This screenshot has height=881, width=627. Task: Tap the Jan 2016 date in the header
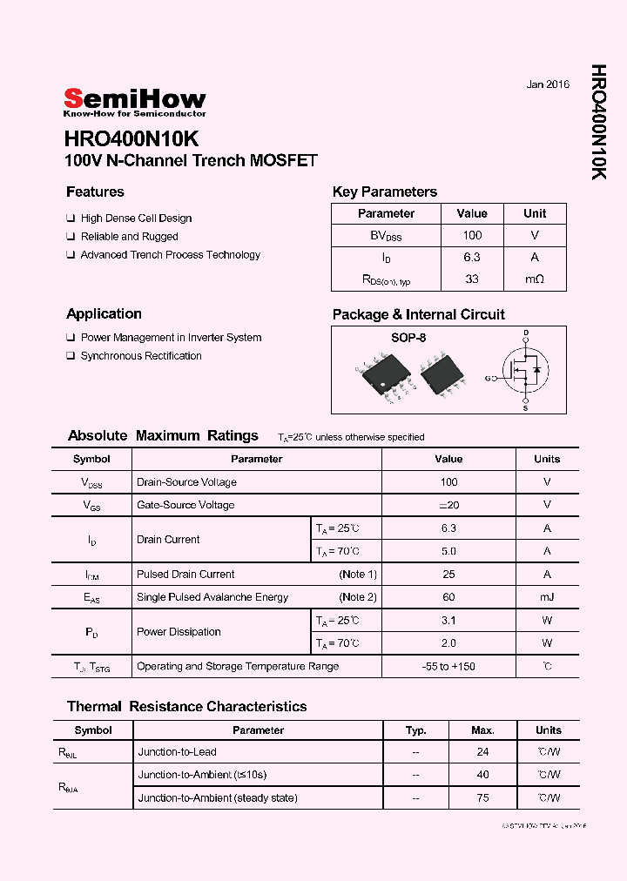[x=548, y=84]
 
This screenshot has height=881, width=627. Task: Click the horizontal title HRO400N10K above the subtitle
[x=131, y=140]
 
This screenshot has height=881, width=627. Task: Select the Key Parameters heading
[x=384, y=192]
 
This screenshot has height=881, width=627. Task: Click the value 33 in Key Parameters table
[x=472, y=279]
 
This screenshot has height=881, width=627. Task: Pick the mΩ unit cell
[x=535, y=279]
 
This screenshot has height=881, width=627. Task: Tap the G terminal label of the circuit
[x=489, y=378]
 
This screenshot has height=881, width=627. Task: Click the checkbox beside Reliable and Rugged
[x=71, y=237]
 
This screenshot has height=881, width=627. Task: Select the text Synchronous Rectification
[x=141, y=356]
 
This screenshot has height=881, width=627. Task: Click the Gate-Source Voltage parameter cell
[x=185, y=505]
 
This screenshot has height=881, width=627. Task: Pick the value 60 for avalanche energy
[x=448, y=597]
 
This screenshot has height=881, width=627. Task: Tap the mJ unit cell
[x=547, y=597]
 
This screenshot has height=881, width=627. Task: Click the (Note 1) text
[x=358, y=575]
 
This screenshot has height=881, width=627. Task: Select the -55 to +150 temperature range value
[x=448, y=667]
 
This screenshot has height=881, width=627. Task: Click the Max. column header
[x=482, y=730]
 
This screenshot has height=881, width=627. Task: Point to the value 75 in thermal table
[x=482, y=797]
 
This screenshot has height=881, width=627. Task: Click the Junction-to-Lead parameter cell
[x=177, y=752]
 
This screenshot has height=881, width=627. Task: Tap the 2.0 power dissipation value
[x=448, y=643]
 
